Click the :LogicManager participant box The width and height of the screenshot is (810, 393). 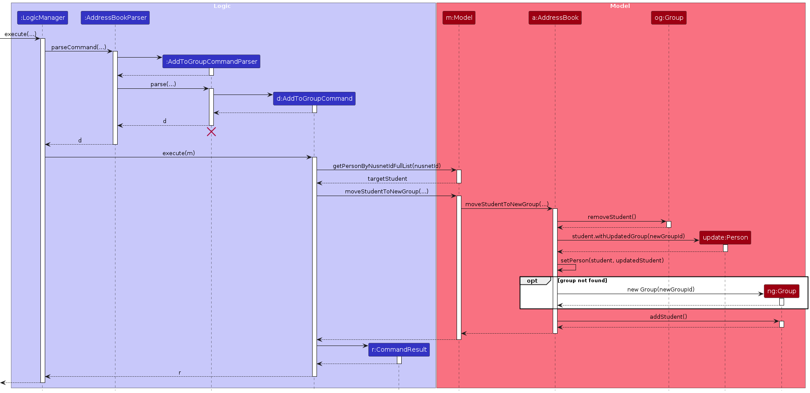coord(43,18)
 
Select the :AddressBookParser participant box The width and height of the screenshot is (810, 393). coord(115,18)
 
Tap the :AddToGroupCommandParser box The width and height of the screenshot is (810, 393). coord(211,62)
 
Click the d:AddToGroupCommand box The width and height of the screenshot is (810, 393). coord(314,98)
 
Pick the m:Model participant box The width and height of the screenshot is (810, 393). coord(459,18)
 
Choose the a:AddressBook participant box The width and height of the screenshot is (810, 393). coord(555,18)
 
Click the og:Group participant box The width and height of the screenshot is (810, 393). coord(669,18)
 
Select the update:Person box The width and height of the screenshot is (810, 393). coord(725,237)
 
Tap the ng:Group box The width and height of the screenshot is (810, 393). coord(781,291)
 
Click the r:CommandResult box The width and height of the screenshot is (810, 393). coord(399,349)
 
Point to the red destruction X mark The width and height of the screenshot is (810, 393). coord(211,132)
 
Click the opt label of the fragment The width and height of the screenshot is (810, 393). coord(532,281)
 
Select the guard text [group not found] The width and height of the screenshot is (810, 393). coord(582,280)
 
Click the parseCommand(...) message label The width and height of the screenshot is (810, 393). coord(79,47)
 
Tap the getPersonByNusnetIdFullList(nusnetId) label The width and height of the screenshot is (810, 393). coord(386,166)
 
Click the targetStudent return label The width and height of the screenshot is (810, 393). coord(387,178)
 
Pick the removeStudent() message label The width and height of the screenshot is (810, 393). coord(612,217)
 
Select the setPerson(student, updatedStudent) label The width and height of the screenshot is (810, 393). coord(612,260)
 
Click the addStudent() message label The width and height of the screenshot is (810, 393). coord(668,317)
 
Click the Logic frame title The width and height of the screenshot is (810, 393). coord(222,6)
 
